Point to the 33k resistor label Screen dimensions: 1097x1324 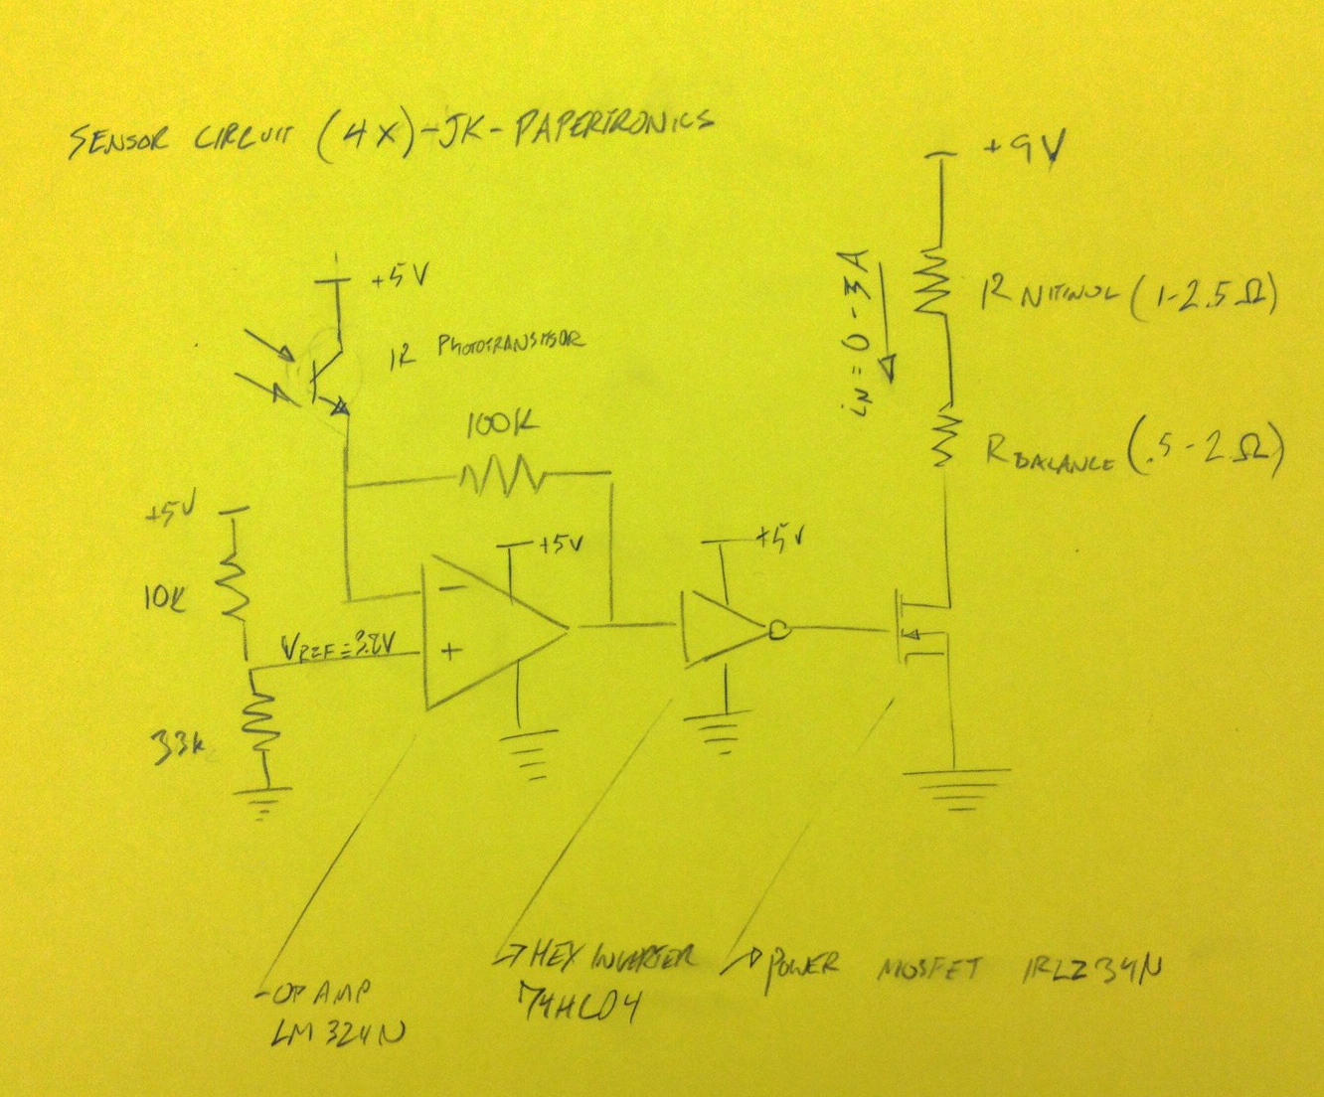(x=177, y=742)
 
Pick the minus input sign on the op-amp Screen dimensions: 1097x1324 (x=450, y=588)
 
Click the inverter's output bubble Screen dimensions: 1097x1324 (x=778, y=629)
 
